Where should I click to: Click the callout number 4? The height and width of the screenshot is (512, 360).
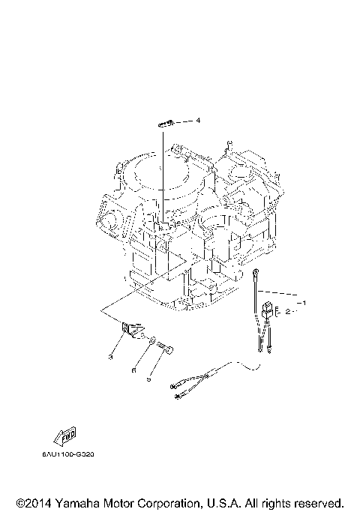pyautogui.click(x=199, y=120)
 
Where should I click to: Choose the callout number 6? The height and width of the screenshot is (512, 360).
pyautogui.click(x=134, y=369)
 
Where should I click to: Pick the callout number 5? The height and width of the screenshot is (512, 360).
pyautogui.click(x=148, y=379)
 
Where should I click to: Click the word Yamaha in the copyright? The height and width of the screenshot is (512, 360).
pyautogui.click(x=76, y=502)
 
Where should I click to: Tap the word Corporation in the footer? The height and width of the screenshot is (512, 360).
pyautogui.click(x=162, y=502)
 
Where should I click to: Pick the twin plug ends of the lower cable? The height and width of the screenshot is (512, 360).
pyautogui.click(x=180, y=391)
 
